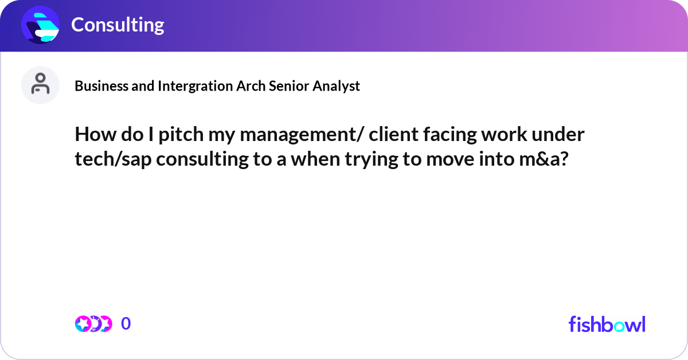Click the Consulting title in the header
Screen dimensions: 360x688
coord(118,25)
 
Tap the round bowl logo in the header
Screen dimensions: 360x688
coord(41,25)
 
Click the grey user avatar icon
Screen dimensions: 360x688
coord(40,85)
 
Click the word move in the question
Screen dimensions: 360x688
coord(449,160)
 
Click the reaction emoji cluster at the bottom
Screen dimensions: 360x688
coord(93,324)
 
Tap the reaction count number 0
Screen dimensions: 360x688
coord(126,324)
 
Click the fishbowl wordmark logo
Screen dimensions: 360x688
coord(607,324)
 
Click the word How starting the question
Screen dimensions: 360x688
coord(92,135)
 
